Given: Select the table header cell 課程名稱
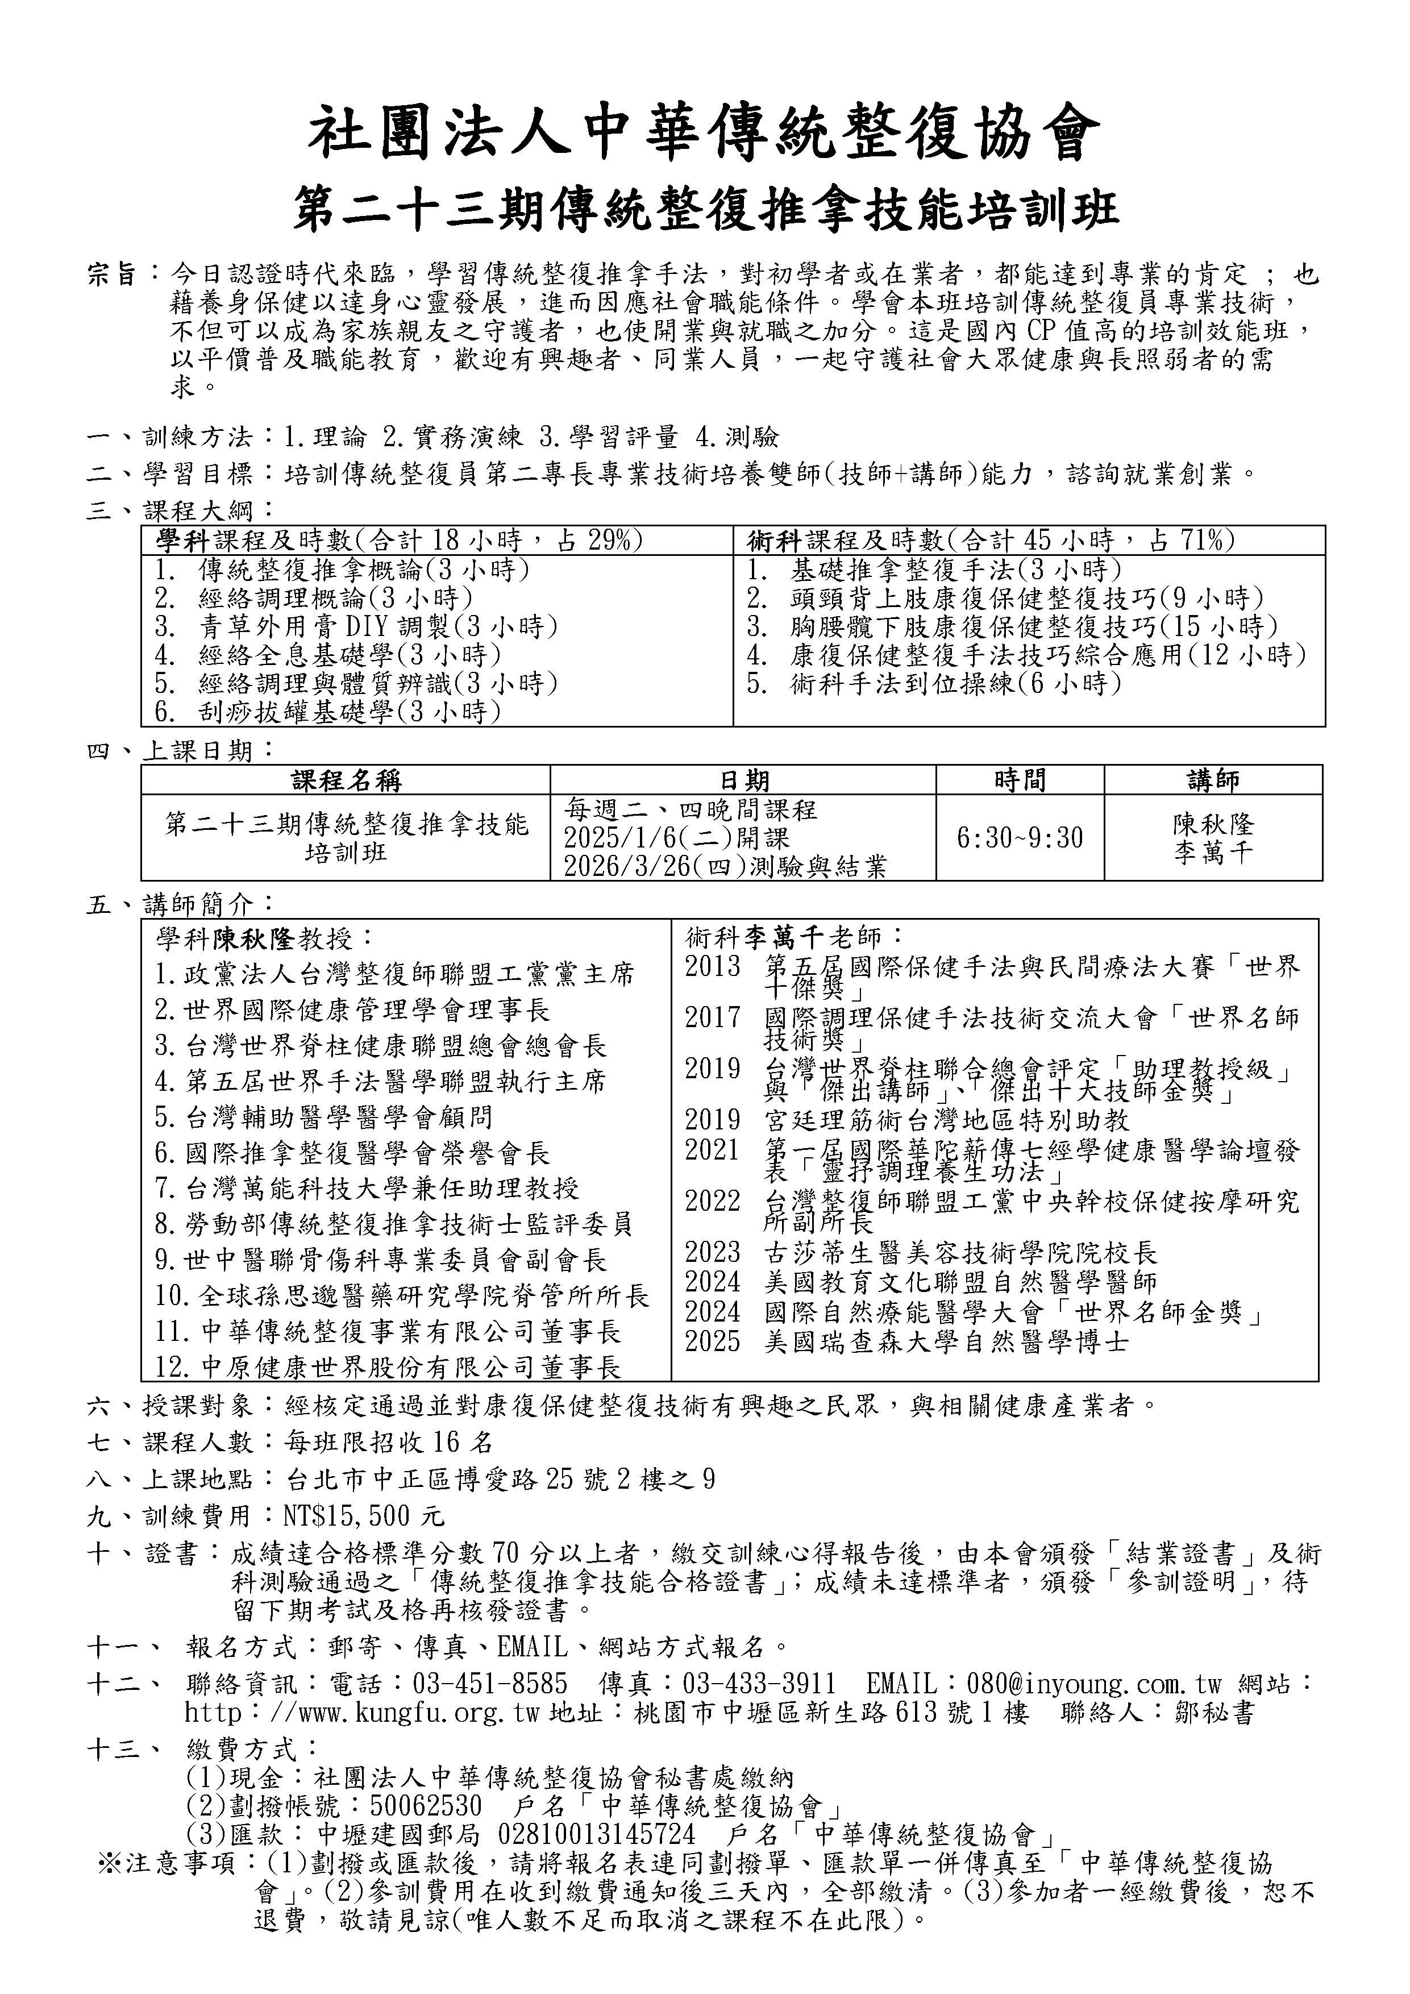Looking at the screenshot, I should (x=346, y=780).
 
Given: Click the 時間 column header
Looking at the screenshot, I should (x=1020, y=780).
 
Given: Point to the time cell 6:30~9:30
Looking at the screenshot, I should (x=1020, y=837).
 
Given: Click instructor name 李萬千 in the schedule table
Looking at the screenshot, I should (x=1213, y=853).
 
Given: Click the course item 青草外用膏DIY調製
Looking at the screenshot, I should (x=356, y=626).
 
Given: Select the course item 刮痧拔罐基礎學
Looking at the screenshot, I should (x=327, y=712).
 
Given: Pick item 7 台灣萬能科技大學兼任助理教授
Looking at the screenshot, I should (x=367, y=1188).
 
